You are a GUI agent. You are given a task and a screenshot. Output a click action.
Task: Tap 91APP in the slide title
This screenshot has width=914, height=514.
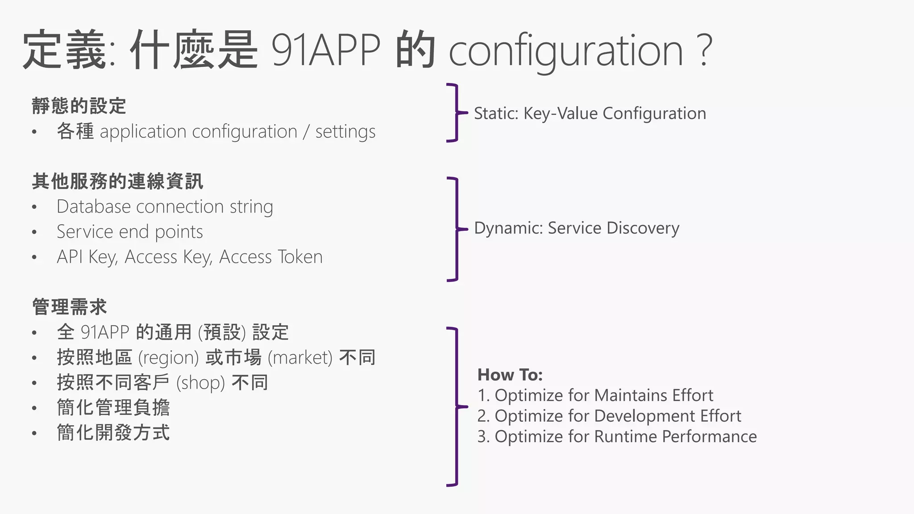pos(326,50)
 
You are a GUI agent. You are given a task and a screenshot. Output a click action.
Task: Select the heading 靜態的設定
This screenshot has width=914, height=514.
pos(79,106)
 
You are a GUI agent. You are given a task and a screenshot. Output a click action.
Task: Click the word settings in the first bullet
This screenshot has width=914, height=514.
pos(345,132)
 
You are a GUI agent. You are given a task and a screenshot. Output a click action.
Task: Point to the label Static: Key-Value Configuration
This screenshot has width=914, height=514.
pos(590,113)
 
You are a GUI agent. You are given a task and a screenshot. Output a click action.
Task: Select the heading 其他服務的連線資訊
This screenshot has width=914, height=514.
pos(117,182)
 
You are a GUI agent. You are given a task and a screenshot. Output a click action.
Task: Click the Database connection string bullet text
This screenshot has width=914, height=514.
pos(165,207)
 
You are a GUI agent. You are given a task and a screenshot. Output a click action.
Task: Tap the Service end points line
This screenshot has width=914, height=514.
pos(129,232)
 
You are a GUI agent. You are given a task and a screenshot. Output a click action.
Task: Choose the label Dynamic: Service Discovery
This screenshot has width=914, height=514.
pos(576,228)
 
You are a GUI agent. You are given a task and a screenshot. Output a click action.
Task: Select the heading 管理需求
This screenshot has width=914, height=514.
pos(70,307)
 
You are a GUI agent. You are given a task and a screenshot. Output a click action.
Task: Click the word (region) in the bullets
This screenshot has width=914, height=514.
pos(168,358)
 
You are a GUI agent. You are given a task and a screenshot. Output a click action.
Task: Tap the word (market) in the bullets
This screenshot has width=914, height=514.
pos(300,358)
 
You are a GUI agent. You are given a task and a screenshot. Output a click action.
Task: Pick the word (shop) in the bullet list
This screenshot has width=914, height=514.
pos(200,383)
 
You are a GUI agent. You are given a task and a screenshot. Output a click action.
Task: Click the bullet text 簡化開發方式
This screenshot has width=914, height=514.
pos(113,433)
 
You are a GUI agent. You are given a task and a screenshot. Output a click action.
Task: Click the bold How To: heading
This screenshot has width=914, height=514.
pos(510,375)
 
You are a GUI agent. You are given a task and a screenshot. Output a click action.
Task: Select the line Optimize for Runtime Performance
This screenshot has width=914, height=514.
pos(625,436)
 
